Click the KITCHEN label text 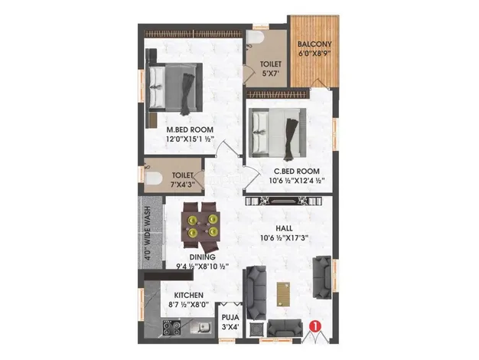coord(188,295)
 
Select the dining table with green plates coord(200,224)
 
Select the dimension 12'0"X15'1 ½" coord(190,140)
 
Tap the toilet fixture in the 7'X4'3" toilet coord(153,179)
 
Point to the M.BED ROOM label coord(190,129)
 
